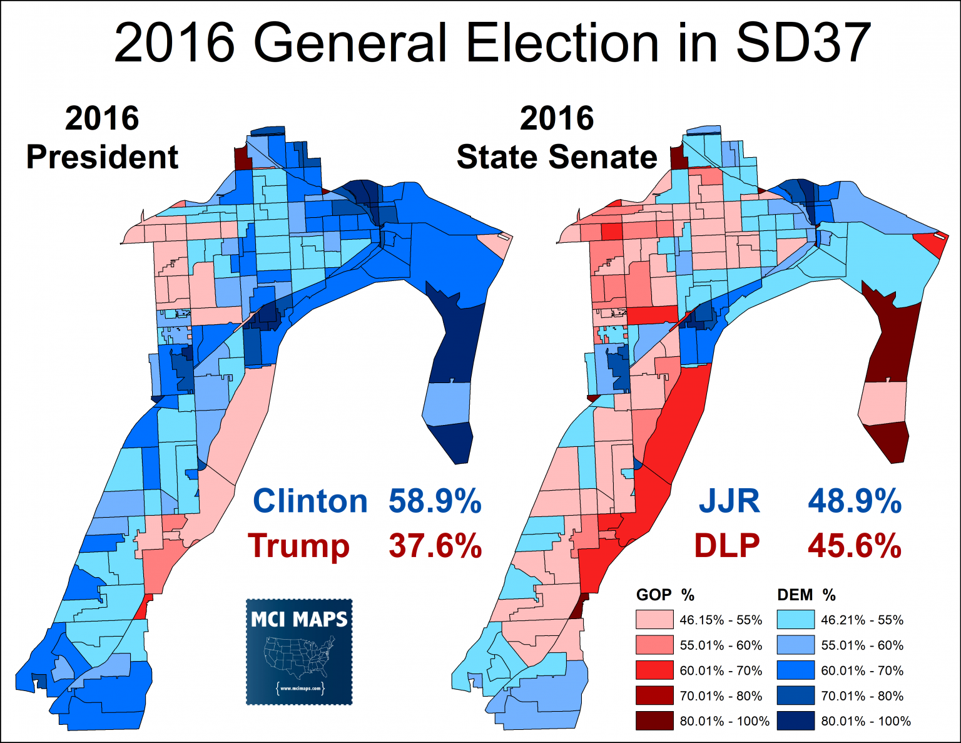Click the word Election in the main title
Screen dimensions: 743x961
click(562, 44)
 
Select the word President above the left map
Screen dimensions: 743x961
click(102, 156)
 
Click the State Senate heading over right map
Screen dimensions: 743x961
click(557, 156)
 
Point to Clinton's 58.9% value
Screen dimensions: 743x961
click(435, 501)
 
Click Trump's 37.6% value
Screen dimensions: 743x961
click(435, 545)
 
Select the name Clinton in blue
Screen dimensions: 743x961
click(310, 501)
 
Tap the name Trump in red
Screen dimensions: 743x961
click(298, 546)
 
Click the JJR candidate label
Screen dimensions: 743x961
click(730, 501)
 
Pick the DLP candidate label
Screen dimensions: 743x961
click(727, 545)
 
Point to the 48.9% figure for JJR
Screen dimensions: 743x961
click(855, 501)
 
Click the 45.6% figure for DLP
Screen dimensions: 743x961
click(855, 545)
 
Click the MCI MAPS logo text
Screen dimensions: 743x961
click(299, 620)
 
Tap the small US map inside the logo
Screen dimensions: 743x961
click(299, 657)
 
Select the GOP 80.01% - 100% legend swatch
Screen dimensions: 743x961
click(654, 721)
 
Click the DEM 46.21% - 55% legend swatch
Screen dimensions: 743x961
click(796, 620)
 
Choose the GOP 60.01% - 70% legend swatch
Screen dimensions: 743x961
click(654, 670)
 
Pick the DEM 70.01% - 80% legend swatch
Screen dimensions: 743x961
click(796, 695)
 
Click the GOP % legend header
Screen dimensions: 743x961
click(665, 595)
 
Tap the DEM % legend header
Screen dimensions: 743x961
click(806, 595)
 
